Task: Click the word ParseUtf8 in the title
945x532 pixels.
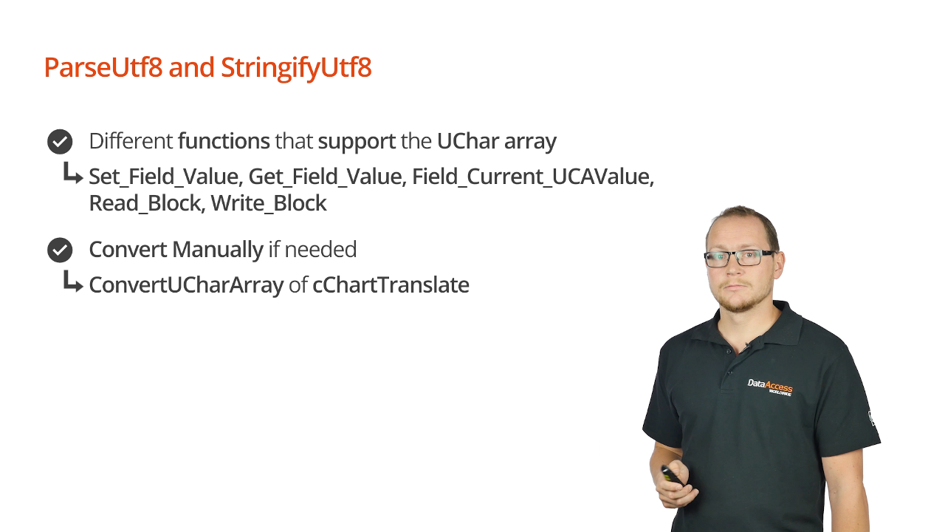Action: [x=103, y=67]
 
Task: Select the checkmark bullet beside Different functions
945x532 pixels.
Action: [x=60, y=141]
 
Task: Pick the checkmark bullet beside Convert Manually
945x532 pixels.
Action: [x=60, y=250]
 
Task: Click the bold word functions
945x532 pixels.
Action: [x=224, y=141]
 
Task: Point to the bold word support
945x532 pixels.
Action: [x=357, y=142]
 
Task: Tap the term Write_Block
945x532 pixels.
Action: [x=268, y=203]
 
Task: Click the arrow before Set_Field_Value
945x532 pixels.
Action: [x=72, y=173]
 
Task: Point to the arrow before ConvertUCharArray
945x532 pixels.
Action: [x=72, y=282]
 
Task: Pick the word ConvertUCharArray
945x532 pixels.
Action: [x=187, y=285]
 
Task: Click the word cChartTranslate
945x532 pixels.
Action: [x=391, y=285]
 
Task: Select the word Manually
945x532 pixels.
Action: [x=218, y=250]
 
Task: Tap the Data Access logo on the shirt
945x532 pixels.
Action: [x=770, y=386]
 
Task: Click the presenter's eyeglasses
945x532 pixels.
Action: [x=740, y=258]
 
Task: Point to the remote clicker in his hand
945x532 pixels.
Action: [x=671, y=475]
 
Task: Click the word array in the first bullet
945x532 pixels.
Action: [x=530, y=143]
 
